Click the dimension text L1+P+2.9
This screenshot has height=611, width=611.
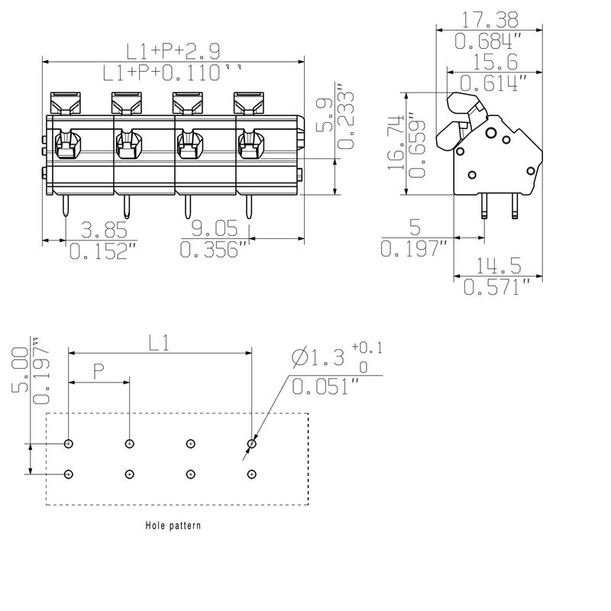pos(173,51)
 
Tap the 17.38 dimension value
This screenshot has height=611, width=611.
pos(489,18)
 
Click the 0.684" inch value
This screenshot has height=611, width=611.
pos(489,40)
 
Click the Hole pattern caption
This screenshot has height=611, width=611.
pos(173,526)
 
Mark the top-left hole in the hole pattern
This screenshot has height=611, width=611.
pos(69,444)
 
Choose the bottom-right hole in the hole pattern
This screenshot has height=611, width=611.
pos(252,474)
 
